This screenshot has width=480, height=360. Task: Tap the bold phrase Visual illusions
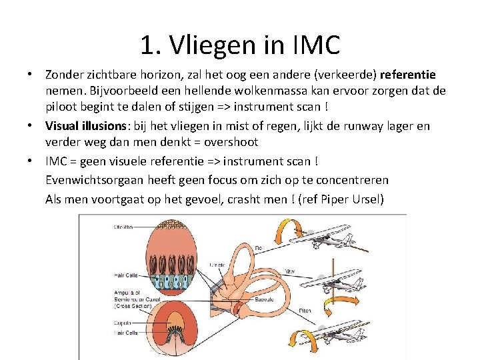83,126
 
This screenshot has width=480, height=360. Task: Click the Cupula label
122,323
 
